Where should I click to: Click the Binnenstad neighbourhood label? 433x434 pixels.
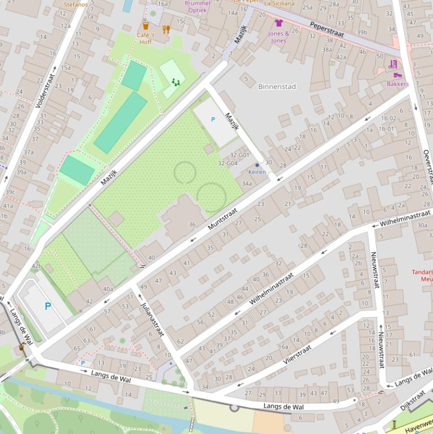tap(276, 86)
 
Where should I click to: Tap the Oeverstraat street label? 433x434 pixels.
tap(428, 167)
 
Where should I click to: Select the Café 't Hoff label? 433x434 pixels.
tap(145, 38)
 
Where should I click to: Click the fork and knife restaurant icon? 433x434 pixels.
tap(166, 29)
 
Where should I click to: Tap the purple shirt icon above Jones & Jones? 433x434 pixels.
tap(278, 23)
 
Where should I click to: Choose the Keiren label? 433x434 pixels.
tap(257, 172)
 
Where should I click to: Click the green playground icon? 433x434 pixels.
tap(176, 82)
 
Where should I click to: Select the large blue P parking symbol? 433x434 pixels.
tap(48, 307)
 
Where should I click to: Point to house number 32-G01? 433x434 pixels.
tap(239, 155)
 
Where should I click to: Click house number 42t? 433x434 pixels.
tap(36, 266)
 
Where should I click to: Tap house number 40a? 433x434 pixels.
tap(108, 289)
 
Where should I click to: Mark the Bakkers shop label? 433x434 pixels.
tap(398, 84)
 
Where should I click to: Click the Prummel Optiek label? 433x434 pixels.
tap(198, 7)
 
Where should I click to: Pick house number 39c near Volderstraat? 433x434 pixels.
tap(10, 192)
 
